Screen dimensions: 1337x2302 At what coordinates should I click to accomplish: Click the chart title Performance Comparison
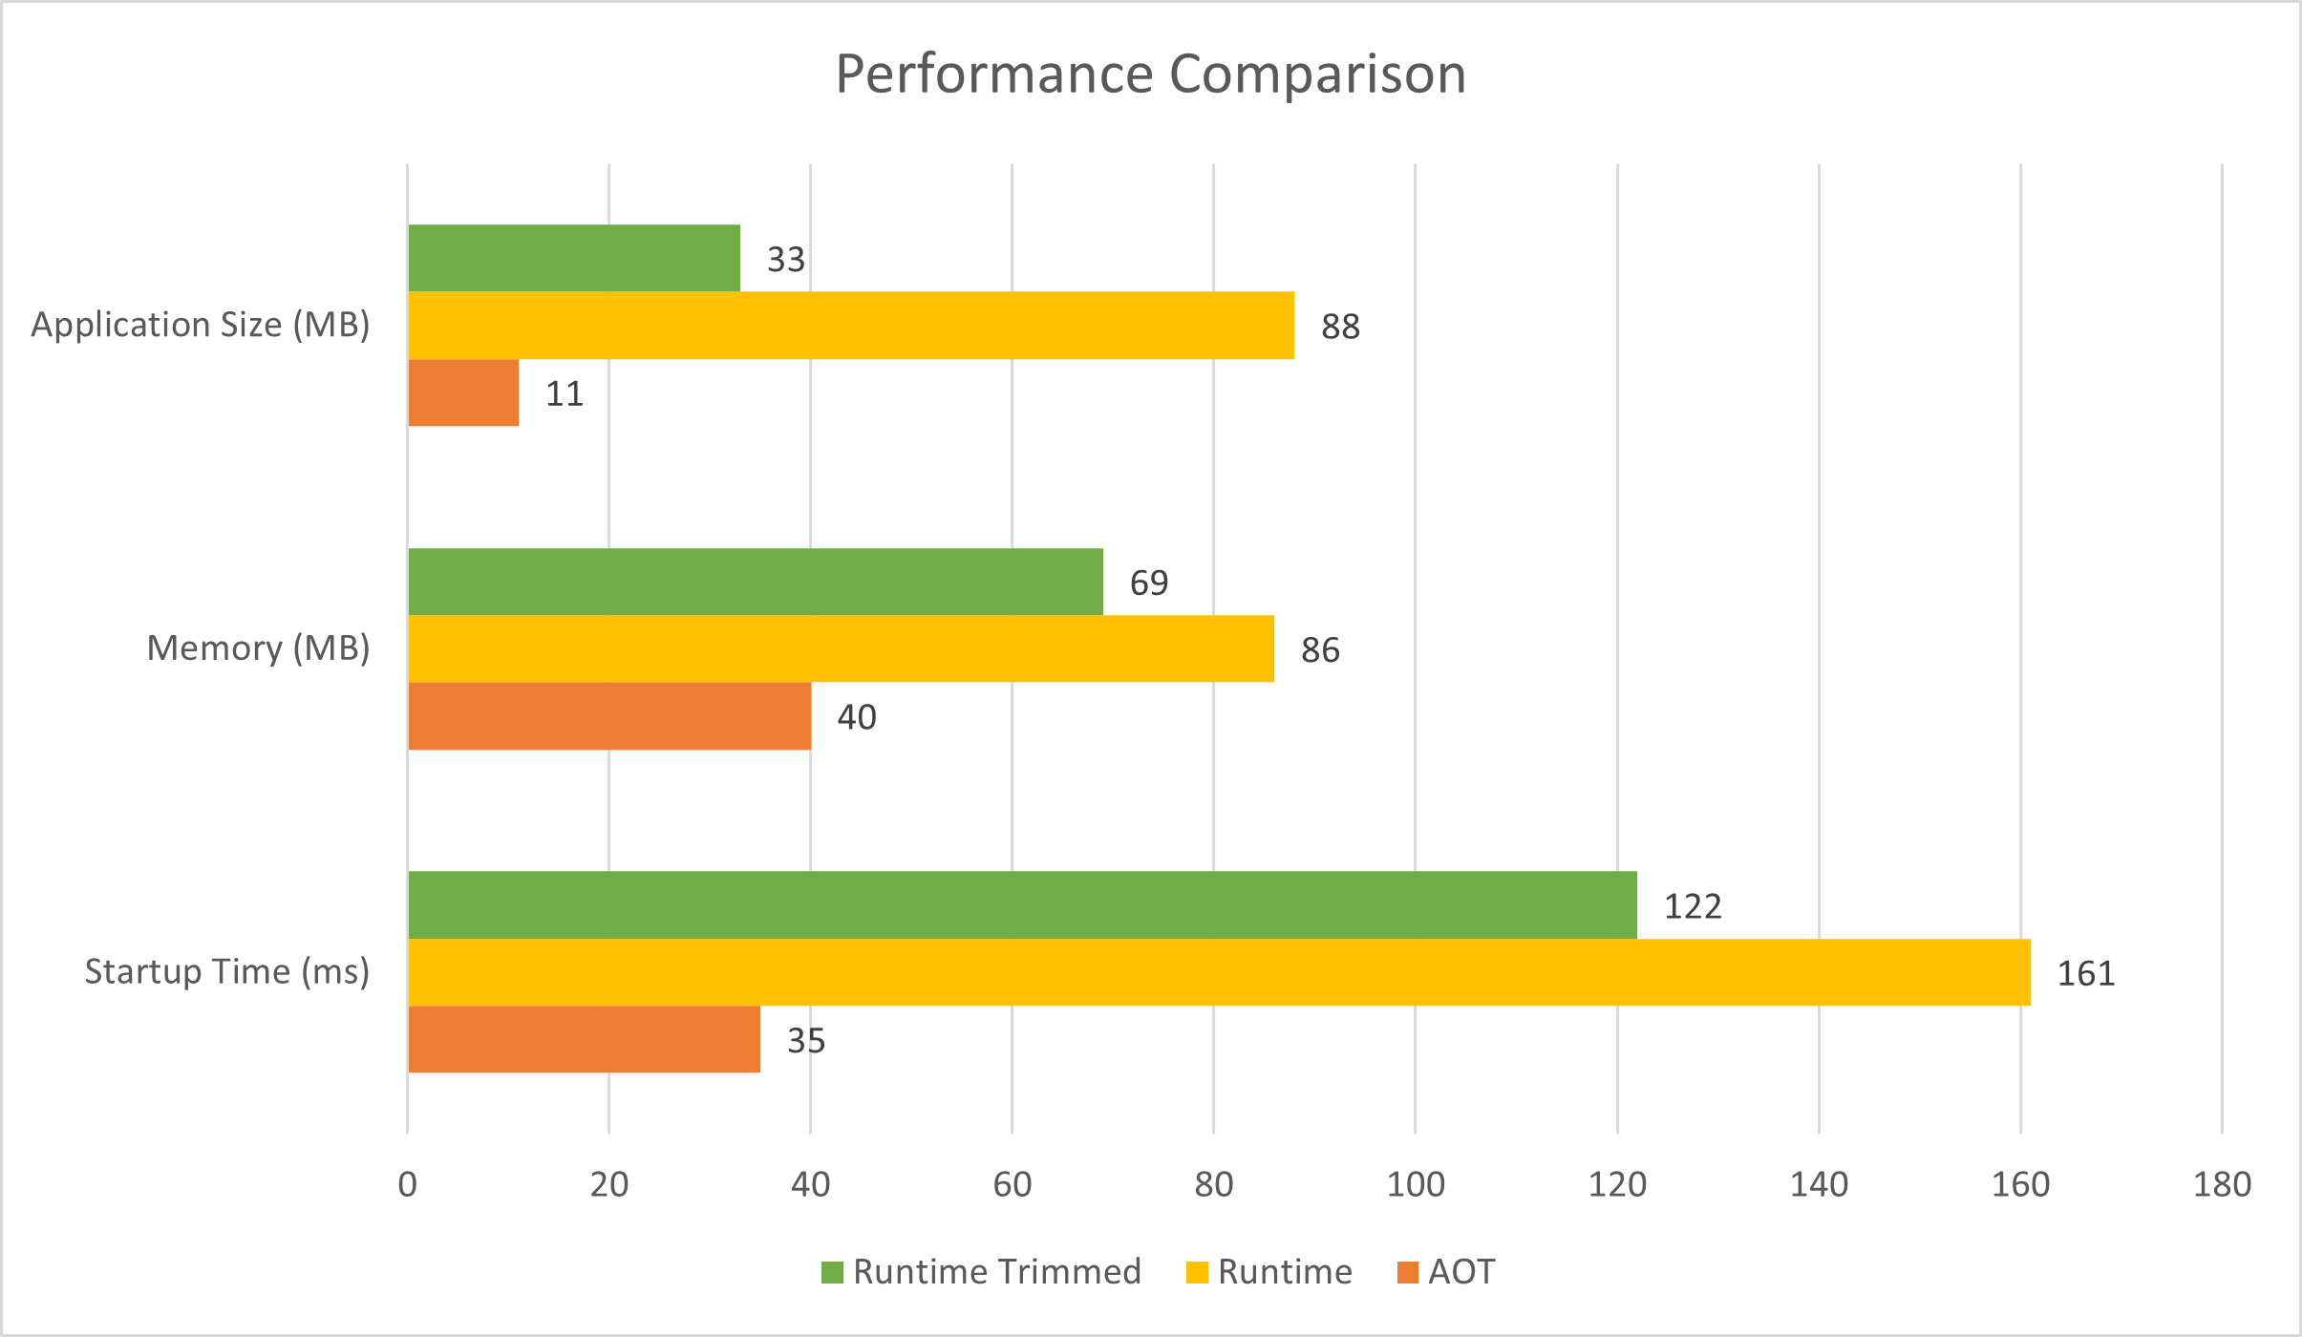(x=1150, y=74)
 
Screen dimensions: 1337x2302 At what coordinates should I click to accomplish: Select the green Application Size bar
(x=573, y=258)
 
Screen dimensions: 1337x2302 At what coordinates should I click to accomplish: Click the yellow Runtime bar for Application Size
(x=850, y=326)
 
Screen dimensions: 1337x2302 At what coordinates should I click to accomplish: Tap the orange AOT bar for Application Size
(x=463, y=393)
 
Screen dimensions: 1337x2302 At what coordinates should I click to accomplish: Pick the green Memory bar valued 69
(x=755, y=582)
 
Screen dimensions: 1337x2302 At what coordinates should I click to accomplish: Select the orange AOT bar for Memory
(x=609, y=716)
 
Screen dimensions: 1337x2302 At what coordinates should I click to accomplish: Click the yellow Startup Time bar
(x=1218, y=972)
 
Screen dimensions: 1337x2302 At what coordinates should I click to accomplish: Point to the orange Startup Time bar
(x=584, y=1039)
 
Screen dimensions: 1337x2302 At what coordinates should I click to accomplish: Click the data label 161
(x=2086, y=973)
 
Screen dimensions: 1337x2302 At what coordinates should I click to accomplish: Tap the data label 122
(x=1693, y=906)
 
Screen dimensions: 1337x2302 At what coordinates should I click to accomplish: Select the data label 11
(x=565, y=393)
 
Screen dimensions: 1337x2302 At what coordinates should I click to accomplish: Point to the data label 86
(x=1320, y=650)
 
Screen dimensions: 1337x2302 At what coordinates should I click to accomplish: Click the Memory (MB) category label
(x=258, y=648)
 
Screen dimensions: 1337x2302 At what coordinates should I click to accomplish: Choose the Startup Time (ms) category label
(x=227, y=971)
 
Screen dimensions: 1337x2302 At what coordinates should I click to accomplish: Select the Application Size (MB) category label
(x=201, y=325)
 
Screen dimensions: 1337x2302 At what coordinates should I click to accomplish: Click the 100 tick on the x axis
(x=1415, y=1185)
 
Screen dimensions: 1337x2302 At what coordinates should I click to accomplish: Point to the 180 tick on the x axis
(x=2222, y=1185)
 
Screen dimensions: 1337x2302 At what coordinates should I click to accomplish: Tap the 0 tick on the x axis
(x=408, y=1185)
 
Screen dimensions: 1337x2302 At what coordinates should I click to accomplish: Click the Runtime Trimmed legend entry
(x=982, y=1272)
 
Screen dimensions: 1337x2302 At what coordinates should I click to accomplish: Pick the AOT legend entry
(x=1446, y=1272)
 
